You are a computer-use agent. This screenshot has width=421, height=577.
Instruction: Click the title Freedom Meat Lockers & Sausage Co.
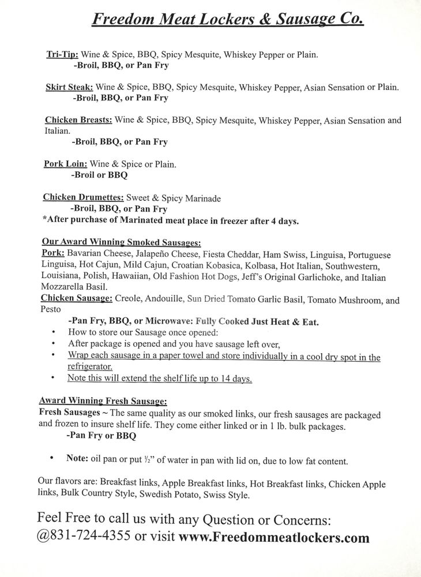228,19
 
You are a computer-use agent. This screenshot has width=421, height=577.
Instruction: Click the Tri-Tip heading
62,55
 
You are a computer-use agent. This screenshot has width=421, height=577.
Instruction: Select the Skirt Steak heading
69,88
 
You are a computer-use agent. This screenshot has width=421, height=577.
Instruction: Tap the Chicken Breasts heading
78,121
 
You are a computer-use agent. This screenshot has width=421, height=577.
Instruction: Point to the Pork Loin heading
65,164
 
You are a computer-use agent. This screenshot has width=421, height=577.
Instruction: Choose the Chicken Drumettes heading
83,198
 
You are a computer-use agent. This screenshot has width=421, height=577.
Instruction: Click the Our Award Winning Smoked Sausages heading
121,242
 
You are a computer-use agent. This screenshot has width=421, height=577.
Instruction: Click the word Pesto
51,310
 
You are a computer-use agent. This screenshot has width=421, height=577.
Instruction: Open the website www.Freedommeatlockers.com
274,538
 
